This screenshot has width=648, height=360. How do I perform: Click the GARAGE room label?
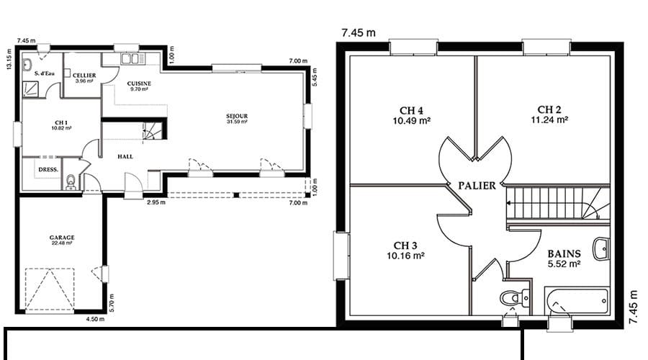62,238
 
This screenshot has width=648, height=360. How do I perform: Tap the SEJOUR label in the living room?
237,116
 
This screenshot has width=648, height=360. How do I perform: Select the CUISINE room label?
139,84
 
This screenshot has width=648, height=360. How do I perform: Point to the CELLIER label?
84,75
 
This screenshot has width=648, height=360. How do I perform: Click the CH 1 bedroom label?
61,122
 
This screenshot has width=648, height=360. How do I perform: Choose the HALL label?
125,157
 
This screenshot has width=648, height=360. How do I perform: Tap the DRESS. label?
48,169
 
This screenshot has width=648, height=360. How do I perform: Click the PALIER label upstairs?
477,186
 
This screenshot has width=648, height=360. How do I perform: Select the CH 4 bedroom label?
411,110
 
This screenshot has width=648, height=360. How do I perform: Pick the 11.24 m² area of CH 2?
549,120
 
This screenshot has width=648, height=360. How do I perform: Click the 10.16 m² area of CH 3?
405,256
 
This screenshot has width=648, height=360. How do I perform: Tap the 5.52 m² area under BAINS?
564,264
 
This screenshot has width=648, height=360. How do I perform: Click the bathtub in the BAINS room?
577,301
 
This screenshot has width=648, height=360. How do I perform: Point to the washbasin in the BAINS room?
601,249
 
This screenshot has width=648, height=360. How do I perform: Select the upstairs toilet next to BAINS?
514,297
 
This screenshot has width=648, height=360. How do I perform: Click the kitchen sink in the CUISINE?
133,59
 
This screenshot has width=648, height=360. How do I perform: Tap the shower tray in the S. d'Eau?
30,89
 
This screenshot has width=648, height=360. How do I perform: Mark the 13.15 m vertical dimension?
9,60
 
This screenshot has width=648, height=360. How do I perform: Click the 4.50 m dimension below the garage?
95,319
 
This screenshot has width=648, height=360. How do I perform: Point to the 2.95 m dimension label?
156,202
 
